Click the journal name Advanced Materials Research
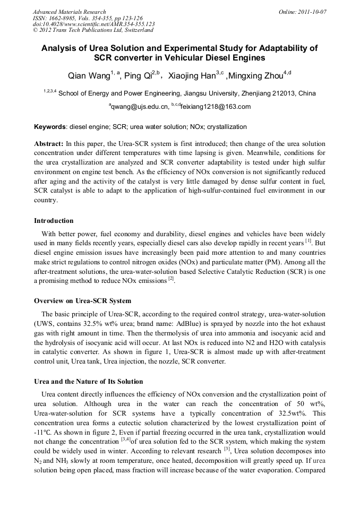tap(69, 12)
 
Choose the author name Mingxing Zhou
tap(258, 76)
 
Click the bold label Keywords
tap(50, 127)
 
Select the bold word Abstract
tap(49, 144)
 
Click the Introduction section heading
tap(54, 220)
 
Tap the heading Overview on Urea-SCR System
tap(82, 301)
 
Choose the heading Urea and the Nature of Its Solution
tap(88, 382)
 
